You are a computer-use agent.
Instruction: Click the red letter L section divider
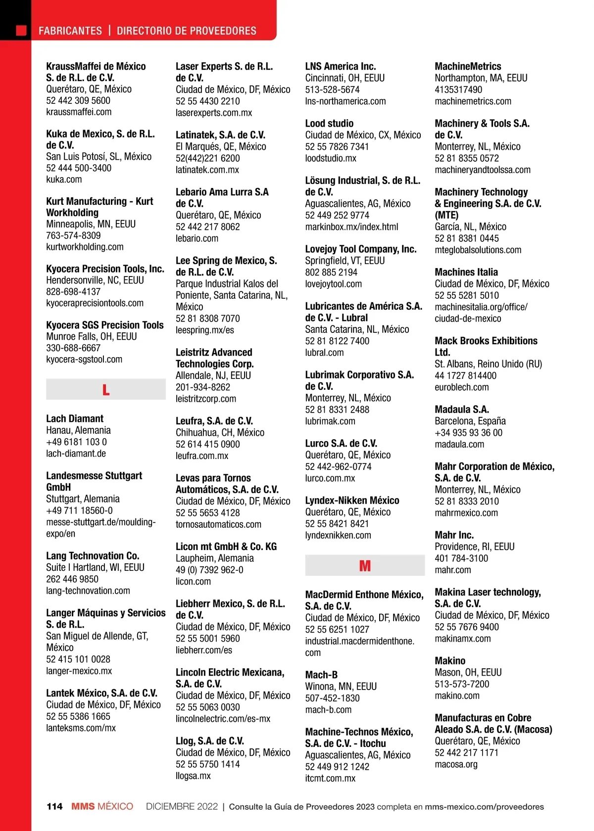click(x=105, y=390)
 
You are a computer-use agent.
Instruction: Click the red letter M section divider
click(x=365, y=566)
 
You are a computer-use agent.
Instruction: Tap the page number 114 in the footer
click(x=54, y=807)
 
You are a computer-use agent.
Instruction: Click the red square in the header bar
click(x=21, y=31)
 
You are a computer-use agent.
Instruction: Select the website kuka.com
click(x=64, y=180)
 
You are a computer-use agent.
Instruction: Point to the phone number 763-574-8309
click(x=73, y=235)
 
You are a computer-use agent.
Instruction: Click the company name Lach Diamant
click(x=75, y=418)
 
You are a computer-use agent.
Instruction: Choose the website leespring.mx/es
click(x=205, y=330)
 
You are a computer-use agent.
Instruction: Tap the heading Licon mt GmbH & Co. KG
click(x=226, y=547)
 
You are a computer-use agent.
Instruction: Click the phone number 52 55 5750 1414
click(x=208, y=764)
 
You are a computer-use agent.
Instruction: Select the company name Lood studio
click(x=329, y=124)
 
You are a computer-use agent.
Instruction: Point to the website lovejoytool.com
click(x=333, y=284)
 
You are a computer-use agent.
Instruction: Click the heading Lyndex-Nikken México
click(x=352, y=501)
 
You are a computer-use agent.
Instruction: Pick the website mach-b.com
click(x=328, y=710)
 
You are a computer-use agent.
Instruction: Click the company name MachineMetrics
click(x=468, y=66)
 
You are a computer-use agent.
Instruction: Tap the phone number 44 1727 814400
click(x=465, y=376)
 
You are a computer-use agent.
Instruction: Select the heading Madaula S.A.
click(x=462, y=410)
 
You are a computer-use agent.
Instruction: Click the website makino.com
click(x=457, y=696)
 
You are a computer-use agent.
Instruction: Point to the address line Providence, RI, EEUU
click(x=475, y=547)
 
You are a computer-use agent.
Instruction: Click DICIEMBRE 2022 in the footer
click(x=182, y=807)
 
